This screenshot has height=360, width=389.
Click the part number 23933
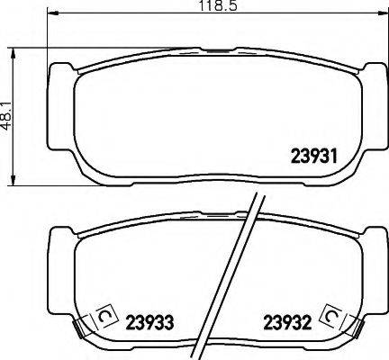point(149,321)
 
